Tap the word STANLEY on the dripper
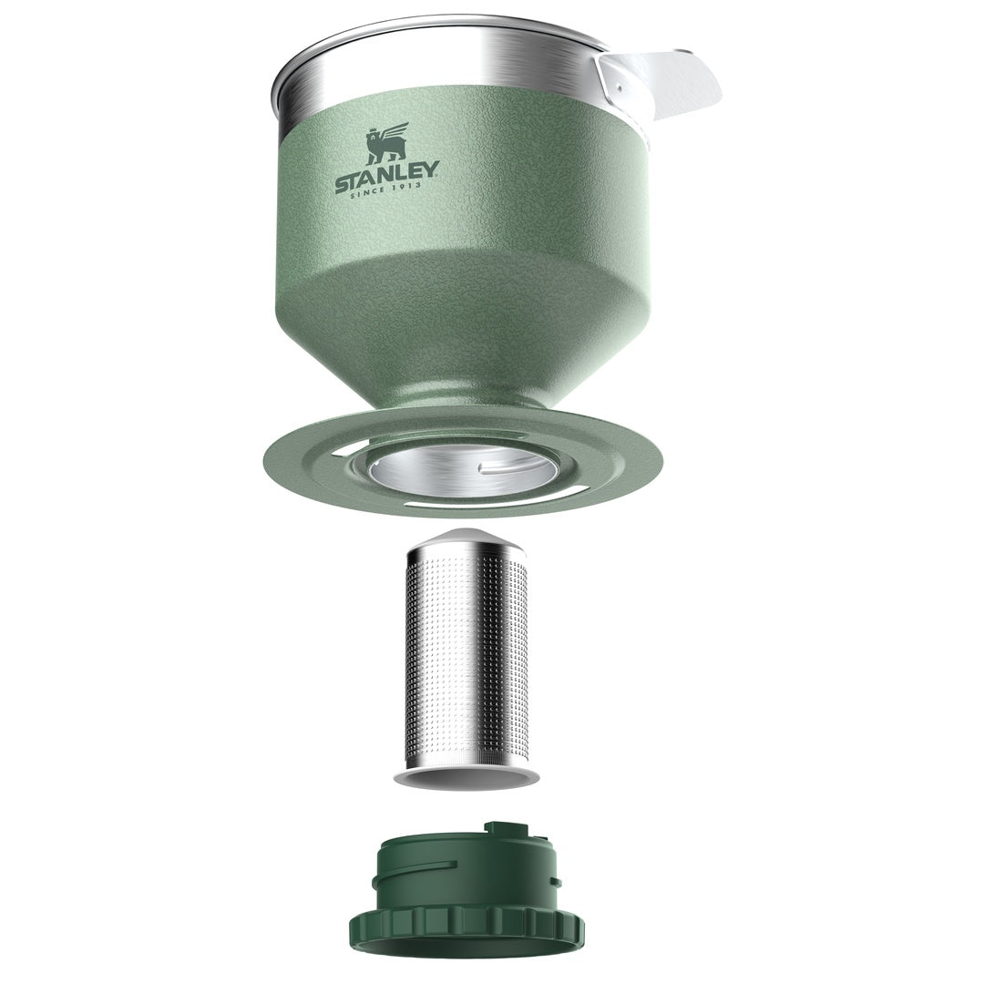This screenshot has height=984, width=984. point(387,177)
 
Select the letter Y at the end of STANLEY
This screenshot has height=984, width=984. point(432,169)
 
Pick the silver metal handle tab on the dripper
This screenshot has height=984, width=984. point(659,83)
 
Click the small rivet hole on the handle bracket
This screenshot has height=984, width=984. point(616,88)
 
